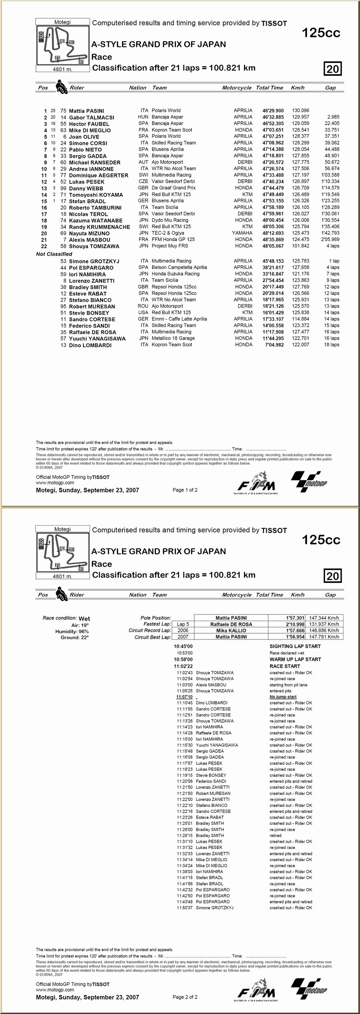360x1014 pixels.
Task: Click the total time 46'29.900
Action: [273, 111]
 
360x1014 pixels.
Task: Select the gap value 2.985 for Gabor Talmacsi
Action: [333, 117]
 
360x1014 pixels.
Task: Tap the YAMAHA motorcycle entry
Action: [242, 233]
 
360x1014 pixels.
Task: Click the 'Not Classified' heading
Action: [54, 254]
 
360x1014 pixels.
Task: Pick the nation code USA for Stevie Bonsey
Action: [143, 312]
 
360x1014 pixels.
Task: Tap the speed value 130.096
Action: [300, 111]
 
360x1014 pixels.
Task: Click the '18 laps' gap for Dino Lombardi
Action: [331, 344]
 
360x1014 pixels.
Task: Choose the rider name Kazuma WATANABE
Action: [96, 221]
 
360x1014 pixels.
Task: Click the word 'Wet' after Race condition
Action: [84, 619]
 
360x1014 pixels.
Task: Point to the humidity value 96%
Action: [83, 631]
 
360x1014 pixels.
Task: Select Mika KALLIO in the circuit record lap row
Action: [231, 630]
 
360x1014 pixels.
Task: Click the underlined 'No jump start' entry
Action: [283, 697]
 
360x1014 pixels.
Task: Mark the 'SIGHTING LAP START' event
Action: [295, 646]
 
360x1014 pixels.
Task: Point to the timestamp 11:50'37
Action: [184, 908]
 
